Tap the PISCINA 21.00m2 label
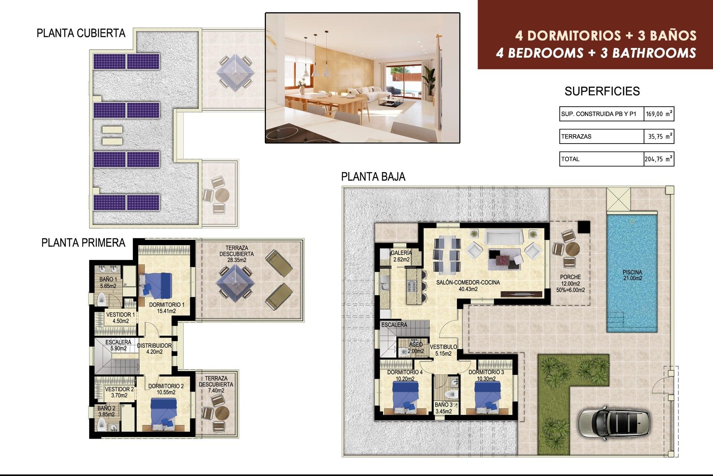point(632,275)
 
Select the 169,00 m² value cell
point(659,114)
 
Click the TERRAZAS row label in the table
point(576,136)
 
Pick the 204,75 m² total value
point(658,159)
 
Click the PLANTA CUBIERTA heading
point(81,33)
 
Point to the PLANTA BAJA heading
point(373,177)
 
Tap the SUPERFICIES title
point(602,91)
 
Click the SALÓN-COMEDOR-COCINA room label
point(468,286)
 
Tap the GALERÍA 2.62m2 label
point(401,256)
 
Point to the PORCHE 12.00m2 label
point(570,283)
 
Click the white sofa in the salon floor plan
point(504,237)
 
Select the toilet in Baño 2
point(101,424)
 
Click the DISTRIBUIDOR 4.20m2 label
point(154,348)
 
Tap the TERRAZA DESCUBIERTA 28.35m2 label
point(237,254)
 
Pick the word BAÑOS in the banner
point(673,36)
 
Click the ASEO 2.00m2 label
point(416,348)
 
